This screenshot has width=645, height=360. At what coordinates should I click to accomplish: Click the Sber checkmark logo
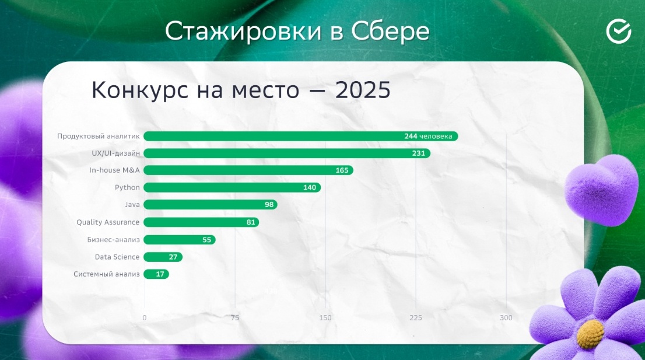click(x=618, y=32)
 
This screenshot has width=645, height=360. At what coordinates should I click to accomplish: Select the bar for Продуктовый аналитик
click(x=301, y=136)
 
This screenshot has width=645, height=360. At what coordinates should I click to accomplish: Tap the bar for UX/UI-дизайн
click(x=287, y=153)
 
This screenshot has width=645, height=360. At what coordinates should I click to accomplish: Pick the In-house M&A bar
click(x=248, y=170)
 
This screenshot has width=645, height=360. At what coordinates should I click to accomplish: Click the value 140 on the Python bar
click(x=309, y=188)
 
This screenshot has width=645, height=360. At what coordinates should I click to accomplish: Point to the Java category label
click(x=132, y=204)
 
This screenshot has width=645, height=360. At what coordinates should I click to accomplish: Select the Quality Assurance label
click(x=108, y=222)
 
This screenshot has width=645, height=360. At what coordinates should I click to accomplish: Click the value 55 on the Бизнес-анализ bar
click(x=206, y=240)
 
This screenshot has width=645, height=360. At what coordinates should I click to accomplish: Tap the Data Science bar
click(x=163, y=257)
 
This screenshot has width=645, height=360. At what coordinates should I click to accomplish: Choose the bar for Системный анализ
click(x=156, y=274)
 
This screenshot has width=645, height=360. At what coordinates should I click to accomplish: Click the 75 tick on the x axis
click(x=235, y=317)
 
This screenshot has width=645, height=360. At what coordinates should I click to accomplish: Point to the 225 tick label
click(x=415, y=317)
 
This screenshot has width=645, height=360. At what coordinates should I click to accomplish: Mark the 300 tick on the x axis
click(x=506, y=317)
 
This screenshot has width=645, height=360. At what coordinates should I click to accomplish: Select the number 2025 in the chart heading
click(x=362, y=90)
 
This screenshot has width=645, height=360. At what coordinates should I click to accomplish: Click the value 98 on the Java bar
click(x=269, y=205)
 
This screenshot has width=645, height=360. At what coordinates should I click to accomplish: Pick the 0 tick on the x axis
click(x=145, y=317)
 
